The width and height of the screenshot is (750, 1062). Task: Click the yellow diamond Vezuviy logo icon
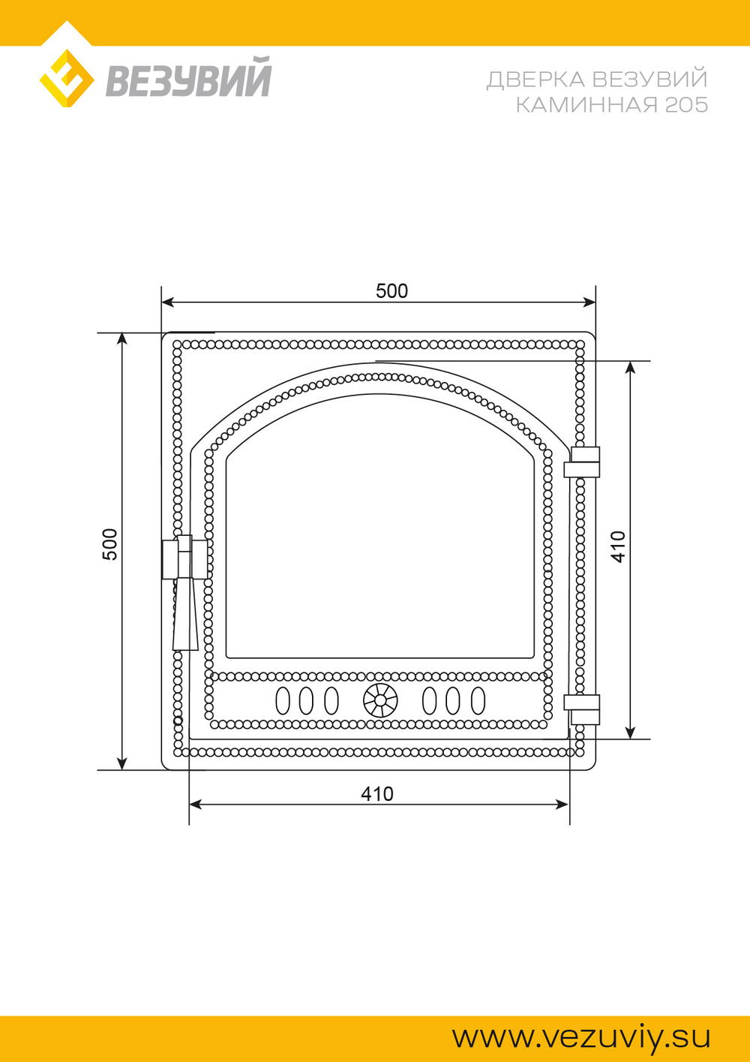tap(66, 78)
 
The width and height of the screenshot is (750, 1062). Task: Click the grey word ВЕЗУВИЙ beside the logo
tap(188, 77)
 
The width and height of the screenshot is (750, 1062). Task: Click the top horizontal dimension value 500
tap(391, 291)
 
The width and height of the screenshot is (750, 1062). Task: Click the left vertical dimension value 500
tap(110, 545)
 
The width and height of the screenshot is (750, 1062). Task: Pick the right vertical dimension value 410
tap(619, 547)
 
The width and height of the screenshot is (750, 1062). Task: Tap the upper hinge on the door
tap(582, 462)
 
